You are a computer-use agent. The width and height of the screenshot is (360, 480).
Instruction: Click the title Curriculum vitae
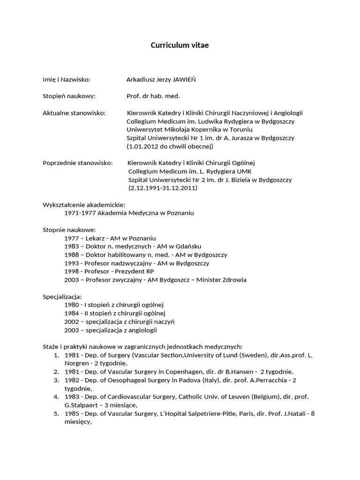tap(180, 45)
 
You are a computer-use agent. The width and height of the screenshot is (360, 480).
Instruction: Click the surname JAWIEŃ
tap(181, 79)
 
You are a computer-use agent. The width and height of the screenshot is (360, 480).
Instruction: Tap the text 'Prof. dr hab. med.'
tap(153, 96)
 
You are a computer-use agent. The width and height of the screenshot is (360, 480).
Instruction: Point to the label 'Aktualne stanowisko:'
tap(74, 113)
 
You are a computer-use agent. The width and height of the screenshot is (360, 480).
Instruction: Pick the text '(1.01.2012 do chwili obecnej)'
tap(170, 146)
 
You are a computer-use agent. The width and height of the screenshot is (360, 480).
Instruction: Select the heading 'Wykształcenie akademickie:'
tap(84, 205)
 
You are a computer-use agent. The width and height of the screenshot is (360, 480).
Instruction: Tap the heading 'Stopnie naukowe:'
tap(69, 230)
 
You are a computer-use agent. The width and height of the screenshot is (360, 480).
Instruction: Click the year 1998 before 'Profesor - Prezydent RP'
tap(72, 271)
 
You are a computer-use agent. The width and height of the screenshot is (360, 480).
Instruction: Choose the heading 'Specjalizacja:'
tap(62, 297)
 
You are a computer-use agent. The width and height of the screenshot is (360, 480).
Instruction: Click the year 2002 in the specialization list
tap(72, 322)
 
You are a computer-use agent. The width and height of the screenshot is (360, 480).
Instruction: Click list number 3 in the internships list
tap(56, 380)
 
